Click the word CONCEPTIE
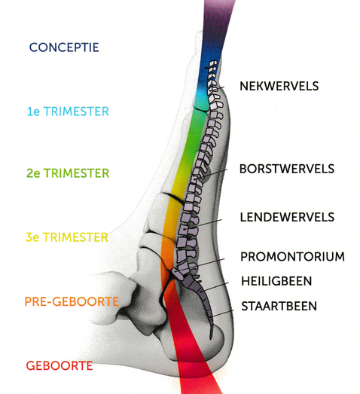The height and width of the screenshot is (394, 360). click(x=64, y=47)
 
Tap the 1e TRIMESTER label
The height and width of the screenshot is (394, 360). click(x=68, y=111)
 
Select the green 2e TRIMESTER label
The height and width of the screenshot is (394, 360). click(x=68, y=173)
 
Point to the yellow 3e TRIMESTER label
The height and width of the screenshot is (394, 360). click(x=67, y=237)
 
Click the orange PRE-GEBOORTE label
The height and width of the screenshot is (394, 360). click(x=72, y=301)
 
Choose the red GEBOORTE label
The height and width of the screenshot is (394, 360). click(x=59, y=365)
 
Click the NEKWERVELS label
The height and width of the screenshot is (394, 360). click(x=279, y=86)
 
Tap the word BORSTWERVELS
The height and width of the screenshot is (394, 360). click(x=287, y=169)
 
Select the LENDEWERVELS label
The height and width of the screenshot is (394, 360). click(x=287, y=217)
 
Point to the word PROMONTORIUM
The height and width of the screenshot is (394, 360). click(x=292, y=257)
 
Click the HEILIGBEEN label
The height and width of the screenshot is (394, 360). click(x=276, y=281)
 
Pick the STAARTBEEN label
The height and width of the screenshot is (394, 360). click(x=279, y=306)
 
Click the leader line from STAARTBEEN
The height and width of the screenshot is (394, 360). click(x=222, y=313)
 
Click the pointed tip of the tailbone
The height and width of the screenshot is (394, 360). click(x=211, y=339)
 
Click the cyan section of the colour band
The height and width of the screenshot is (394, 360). click(x=202, y=99)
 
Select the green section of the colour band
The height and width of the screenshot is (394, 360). click(x=195, y=136)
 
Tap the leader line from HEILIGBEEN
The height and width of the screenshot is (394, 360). click(x=215, y=287)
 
